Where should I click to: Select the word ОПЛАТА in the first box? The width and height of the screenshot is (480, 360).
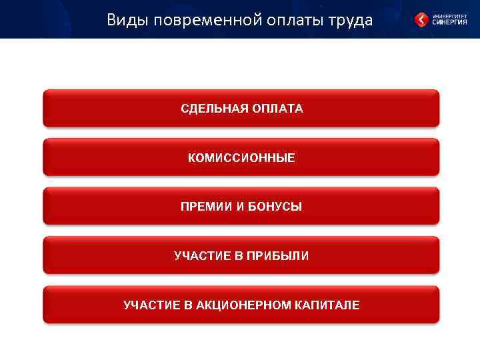coord(277,109)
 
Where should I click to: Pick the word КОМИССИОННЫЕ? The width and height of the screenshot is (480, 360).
coord(241,158)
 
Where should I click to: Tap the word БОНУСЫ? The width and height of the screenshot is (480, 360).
coord(275,207)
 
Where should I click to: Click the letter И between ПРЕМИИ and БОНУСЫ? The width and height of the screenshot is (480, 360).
coord(238,207)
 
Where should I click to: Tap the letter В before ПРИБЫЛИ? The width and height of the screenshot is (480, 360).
coord(238,256)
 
